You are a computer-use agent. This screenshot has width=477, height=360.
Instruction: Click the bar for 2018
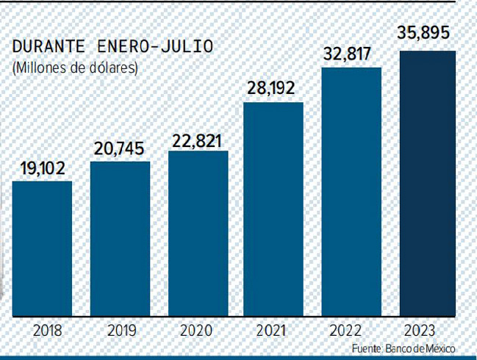pyautogui.click(x=43, y=248)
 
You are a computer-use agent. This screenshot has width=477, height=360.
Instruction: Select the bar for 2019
pyautogui.click(x=120, y=239)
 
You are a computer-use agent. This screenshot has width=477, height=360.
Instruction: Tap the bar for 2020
pyautogui.click(x=198, y=234)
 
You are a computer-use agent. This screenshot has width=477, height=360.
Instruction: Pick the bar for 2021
pyautogui.click(x=273, y=209)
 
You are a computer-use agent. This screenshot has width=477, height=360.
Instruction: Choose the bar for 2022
pyautogui.click(x=351, y=192)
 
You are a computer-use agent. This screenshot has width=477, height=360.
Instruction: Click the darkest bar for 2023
pyautogui.click(x=427, y=184)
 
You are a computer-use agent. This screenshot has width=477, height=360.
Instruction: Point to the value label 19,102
pyautogui.click(x=43, y=168)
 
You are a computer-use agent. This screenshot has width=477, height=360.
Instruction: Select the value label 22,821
pyautogui.click(x=198, y=140)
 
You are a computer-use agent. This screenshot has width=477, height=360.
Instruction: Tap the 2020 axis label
pyautogui.click(x=198, y=330)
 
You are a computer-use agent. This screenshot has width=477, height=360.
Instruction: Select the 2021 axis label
pyautogui.click(x=273, y=330)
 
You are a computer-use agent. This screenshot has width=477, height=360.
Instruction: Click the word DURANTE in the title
pyautogui.click(x=49, y=47)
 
